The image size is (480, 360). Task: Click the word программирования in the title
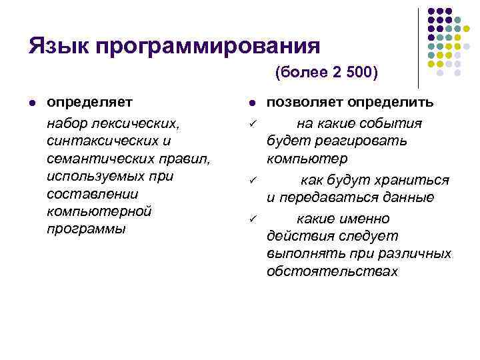pos(207,47)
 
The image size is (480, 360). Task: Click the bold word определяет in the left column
pos(89,102)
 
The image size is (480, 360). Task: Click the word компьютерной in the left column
pos(95,211)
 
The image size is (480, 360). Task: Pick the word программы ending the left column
pos(86,229)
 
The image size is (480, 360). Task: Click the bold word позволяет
pos(304,102)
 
